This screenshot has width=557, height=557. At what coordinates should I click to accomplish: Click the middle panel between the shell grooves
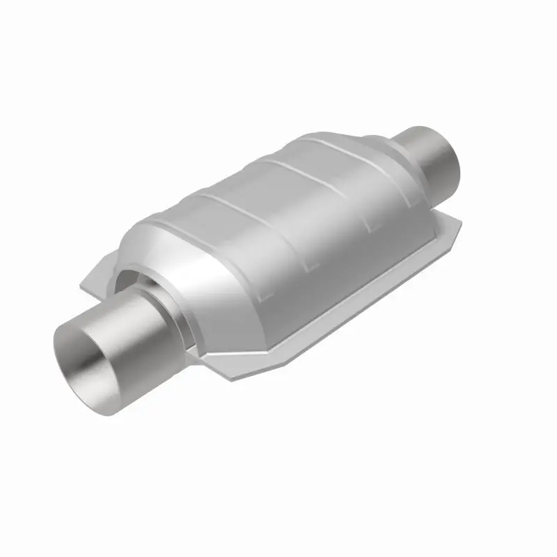coord(278,209)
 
